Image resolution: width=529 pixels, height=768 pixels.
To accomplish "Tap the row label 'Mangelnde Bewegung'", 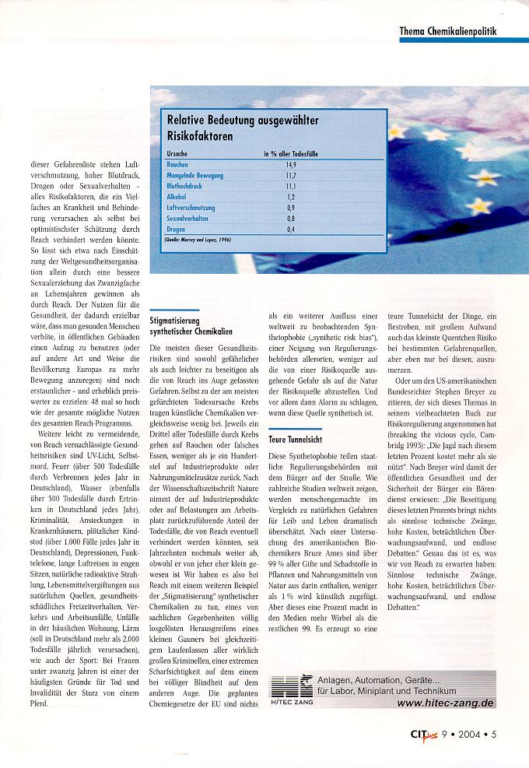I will tap(195, 177).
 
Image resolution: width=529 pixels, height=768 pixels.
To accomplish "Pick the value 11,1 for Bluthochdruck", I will tap(290, 187).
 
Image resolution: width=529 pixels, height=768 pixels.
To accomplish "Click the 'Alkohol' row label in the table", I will tap(177, 198).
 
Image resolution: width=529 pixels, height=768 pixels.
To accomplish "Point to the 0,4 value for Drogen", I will tap(290, 230).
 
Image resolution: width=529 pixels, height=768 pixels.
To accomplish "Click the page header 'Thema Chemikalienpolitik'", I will tap(447, 30).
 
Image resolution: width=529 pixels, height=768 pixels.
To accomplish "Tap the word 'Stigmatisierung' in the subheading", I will tap(175, 320).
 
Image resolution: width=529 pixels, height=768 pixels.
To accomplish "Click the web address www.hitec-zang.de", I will tap(444, 703).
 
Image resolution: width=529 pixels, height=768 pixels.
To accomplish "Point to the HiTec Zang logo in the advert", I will tap(291, 690).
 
